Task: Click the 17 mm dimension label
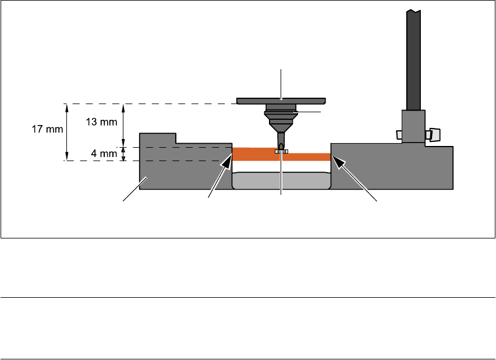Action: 47,129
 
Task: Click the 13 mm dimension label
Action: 103,122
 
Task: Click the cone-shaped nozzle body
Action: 281,122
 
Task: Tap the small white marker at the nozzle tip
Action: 281,151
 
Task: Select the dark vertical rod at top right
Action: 414,58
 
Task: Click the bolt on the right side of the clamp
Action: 433,135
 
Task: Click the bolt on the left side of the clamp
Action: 399,135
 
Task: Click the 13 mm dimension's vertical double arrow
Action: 123,125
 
